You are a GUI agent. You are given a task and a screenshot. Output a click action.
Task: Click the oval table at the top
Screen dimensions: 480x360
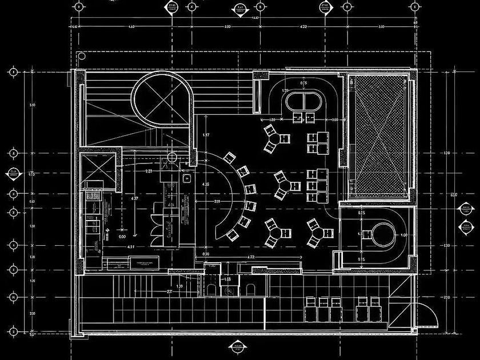coord(303,103)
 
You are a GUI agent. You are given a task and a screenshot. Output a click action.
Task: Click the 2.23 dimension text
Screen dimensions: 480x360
coord(148,171)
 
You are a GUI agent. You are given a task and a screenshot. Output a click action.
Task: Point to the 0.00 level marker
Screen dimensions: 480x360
coord(122,235)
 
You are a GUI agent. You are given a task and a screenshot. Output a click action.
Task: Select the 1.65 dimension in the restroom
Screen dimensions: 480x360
coord(227,279)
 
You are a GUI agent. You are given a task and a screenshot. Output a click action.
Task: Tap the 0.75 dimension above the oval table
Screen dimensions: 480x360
coord(304,83)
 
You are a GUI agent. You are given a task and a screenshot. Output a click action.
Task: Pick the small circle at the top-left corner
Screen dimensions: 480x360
coord(82,56)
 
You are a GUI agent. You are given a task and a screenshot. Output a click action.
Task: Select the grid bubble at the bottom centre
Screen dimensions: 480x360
coord(239,347)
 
